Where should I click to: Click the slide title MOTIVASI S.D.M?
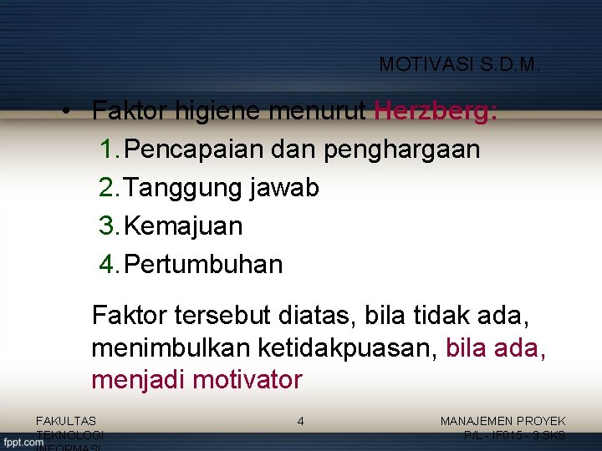point(460,64)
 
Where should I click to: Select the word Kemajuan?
point(183,226)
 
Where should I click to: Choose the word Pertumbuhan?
point(203,265)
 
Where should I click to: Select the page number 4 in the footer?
point(300,422)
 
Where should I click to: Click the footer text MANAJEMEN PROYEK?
point(503,422)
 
